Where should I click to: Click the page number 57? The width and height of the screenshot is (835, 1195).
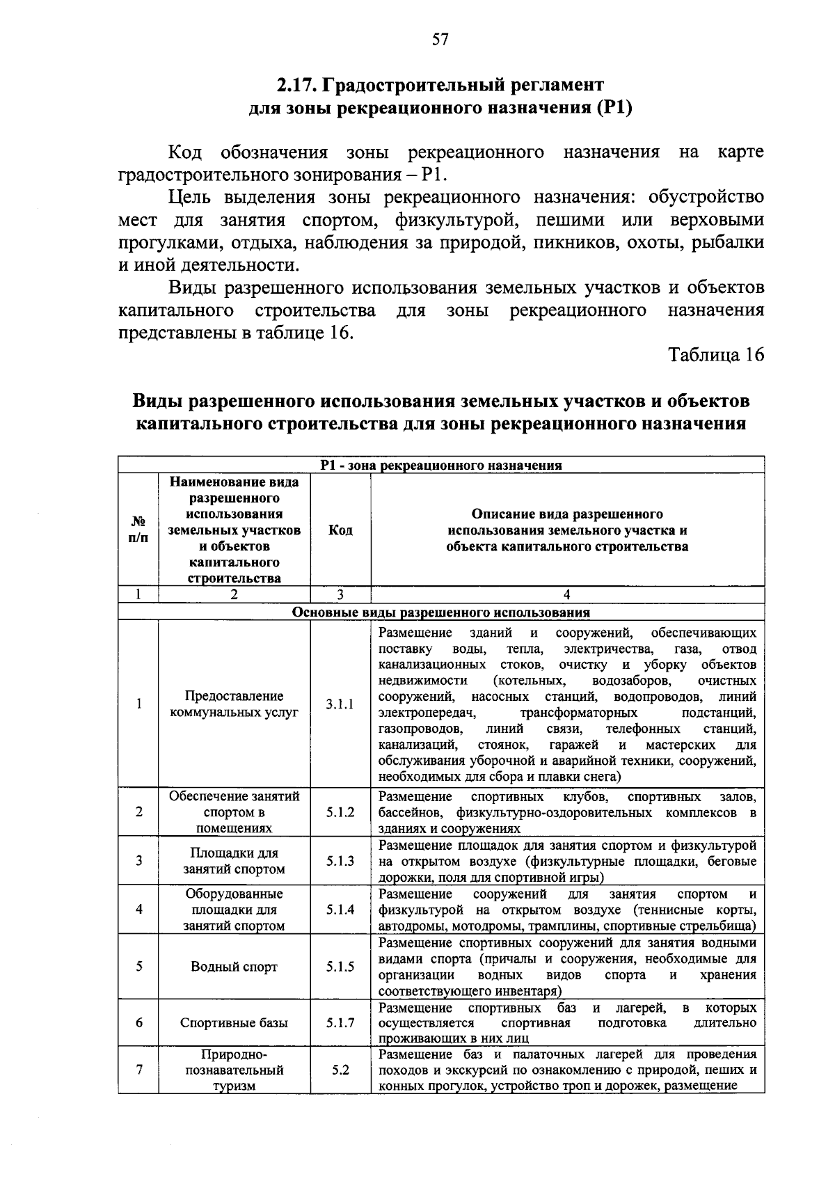pos(440,40)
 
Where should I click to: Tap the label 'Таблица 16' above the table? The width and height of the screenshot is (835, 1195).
pos(716,354)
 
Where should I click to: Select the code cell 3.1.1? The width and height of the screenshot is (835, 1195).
pos(340,704)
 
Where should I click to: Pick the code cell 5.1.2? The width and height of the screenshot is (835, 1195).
pos(340,812)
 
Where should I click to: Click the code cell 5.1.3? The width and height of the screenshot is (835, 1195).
pos(340,861)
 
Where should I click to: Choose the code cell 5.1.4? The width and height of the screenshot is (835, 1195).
pos(340,910)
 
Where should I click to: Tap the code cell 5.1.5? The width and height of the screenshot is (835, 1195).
pos(340,967)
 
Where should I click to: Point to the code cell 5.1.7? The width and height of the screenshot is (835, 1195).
pos(340,1023)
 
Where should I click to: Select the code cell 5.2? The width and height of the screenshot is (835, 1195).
pos(340,1070)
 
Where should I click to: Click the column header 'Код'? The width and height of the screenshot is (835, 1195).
pos(340,530)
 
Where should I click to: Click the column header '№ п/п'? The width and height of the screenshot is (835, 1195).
pos(138,530)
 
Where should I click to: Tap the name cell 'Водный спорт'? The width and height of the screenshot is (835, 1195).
pos(234,967)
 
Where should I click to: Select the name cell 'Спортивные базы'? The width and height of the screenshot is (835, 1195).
pos(234,1023)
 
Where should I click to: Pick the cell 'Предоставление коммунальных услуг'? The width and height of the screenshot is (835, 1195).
pos(234,704)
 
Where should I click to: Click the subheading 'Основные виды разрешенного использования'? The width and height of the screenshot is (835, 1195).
pos(440,612)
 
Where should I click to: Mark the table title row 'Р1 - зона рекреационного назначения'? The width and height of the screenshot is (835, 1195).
pos(440,465)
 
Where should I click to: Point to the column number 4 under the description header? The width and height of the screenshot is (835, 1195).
pos(567,594)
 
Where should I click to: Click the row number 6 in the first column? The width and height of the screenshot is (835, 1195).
pos(139,1023)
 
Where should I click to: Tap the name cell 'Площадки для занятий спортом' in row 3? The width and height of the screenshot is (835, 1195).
pos(234,861)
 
